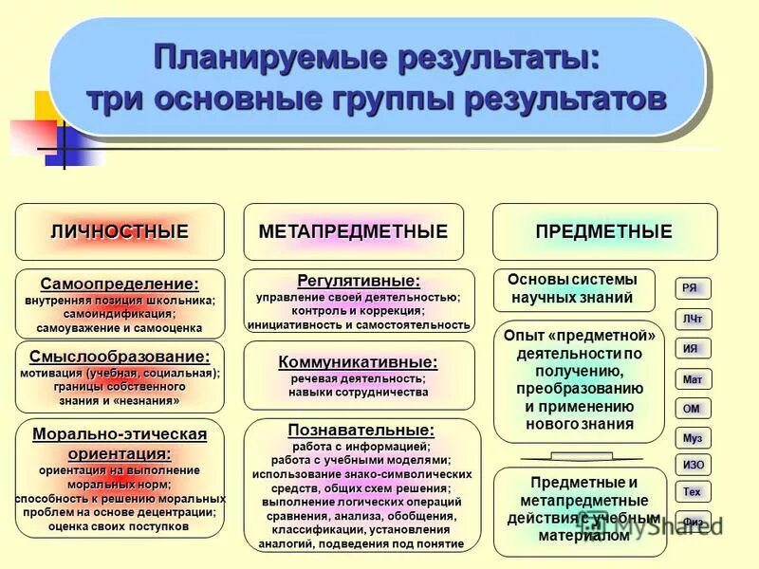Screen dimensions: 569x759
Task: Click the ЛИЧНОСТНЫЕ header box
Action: (x=120, y=231)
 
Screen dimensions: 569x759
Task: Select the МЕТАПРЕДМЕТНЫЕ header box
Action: (x=353, y=231)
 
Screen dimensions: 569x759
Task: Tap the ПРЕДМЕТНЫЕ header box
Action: (x=603, y=231)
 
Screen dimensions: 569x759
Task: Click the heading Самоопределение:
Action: (x=120, y=284)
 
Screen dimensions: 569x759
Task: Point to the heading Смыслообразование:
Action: (x=120, y=357)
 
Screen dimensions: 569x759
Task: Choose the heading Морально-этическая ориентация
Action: (x=120, y=443)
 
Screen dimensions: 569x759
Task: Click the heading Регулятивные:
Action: (x=359, y=281)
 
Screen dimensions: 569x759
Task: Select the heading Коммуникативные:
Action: (x=359, y=361)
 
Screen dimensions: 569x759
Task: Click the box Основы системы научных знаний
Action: (x=573, y=289)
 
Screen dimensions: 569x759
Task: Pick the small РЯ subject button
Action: (x=691, y=288)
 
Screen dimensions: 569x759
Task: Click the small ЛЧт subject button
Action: (x=693, y=319)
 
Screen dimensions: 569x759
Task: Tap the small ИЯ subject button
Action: (x=692, y=348)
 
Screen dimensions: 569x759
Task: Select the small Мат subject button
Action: (x=693, y=378)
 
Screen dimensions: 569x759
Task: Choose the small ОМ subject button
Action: (x=692, y=408)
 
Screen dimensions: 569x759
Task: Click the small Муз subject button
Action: (x=693, y=438)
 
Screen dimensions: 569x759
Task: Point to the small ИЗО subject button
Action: (x=693, y=465)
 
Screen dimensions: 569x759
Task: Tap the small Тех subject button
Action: (x=693, y=492)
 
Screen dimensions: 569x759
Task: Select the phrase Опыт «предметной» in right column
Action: (x=579, y=337)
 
